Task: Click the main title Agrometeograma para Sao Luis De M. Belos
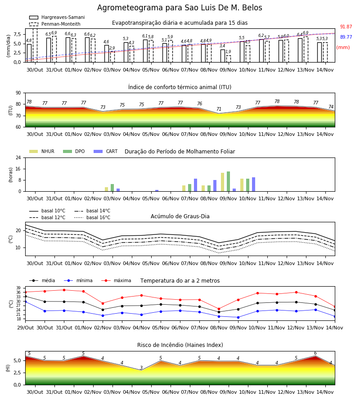(180, 8)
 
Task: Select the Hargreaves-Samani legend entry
(57, 17)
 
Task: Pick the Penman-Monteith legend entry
(55, 24)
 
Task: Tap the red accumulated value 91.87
(346, 27)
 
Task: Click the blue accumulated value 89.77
(346, 37)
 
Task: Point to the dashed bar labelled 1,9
(229, 59)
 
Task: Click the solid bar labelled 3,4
(223, 56)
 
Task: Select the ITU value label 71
(219, 109)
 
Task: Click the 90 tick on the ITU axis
(18, 93)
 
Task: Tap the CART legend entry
(106, 151)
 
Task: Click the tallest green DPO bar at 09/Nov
(228, 181)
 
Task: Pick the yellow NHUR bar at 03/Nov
(106, 189)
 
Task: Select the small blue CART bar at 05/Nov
(157, 191)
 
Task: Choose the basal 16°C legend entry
(92, 218)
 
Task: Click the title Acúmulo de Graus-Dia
(180, 216)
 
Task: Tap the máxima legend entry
(116, 280)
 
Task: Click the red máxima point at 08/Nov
(219, 309)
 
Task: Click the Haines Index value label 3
(141, 368)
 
